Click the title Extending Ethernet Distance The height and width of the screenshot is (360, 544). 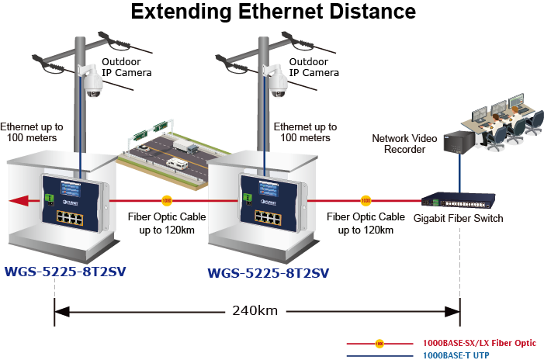click(x=273, y=12)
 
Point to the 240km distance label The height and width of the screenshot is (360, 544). click(x=255, y=311)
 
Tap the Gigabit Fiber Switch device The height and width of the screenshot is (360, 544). click(x=453, y=199)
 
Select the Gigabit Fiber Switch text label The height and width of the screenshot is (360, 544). click(x=458, y=219)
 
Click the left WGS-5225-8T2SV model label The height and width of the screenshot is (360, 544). click(x=65, y=271)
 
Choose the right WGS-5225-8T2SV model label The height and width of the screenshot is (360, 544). click(x=269, y=273)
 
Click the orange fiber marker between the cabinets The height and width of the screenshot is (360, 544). click(x=166, y=199)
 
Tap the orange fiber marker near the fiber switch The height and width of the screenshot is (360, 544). click(x=366, y=199)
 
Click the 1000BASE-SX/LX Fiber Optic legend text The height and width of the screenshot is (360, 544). click(x=479, y=342)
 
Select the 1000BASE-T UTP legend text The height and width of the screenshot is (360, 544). click(x=457, y=354)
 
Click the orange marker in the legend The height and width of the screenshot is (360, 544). click(x=379, y=342)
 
